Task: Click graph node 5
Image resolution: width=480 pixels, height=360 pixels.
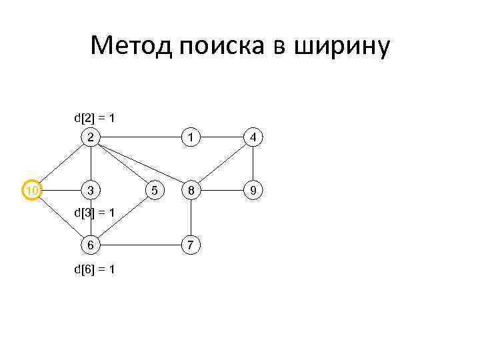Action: click(x=155, y=191)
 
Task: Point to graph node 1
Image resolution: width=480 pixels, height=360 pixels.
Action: click(x=191, y=137)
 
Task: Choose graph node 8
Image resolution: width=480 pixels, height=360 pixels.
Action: click(x=191, y=191)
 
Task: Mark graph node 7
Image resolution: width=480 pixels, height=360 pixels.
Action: click(x=191, y=245)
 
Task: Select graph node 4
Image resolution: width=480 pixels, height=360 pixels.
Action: click(x=253, y=137)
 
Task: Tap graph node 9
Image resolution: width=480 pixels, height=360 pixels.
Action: click(x=253, y=191)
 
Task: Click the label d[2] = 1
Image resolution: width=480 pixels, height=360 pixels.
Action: click(x=94, y=118)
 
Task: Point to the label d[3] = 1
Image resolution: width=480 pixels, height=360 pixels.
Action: click(x=94, y=213)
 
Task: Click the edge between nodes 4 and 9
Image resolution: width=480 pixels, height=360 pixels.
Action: click(x=253, y=163)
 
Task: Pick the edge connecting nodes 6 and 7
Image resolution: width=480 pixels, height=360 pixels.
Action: click(x=141, y=245)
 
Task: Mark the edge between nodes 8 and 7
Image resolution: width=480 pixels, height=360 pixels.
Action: click(x=191, y=218)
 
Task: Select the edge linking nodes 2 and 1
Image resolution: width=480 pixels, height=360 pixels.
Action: click(x=141, y=137)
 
